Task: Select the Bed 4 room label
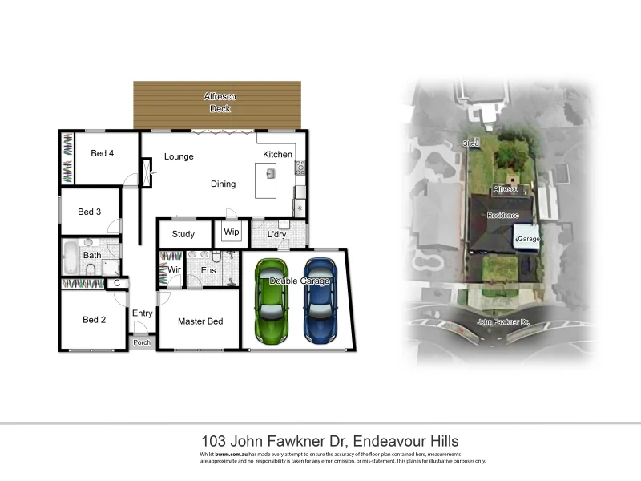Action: tap(102, 154)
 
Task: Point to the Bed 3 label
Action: tap(89, 212)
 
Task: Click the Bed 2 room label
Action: tap(95, 320)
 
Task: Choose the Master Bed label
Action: tap(200, 321)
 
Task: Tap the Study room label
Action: tap(183, 235)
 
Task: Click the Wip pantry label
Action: tap(232, 232)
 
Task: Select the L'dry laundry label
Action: tap(277, 235)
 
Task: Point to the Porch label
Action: tap(142, 343)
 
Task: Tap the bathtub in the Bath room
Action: tap(71, 257)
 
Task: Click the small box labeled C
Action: tap(117, 283)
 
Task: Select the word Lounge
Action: tap(179, 156)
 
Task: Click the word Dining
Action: tap(223, 184)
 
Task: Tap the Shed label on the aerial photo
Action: tap(470, 143)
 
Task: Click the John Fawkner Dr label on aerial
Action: tap(504, 322)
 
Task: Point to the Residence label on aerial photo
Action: tap(504, 216)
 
